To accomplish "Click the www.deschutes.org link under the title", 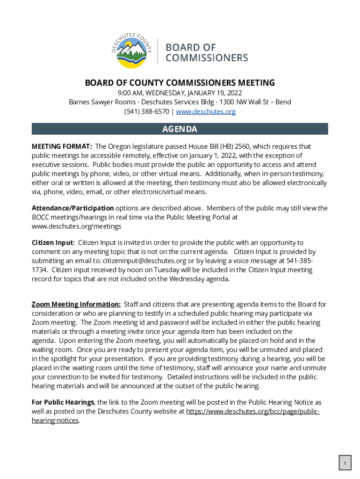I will point(206,112).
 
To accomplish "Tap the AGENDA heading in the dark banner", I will point(180,129).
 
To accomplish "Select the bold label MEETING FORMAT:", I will point(62,146).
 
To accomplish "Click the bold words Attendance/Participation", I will point(72,208).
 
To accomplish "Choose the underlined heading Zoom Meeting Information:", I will point(76,305).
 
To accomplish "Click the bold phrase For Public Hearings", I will point(63,402).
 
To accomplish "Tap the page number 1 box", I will point(345,464).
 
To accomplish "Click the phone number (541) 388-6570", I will point(146,112).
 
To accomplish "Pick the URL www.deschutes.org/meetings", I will point(76,226).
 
